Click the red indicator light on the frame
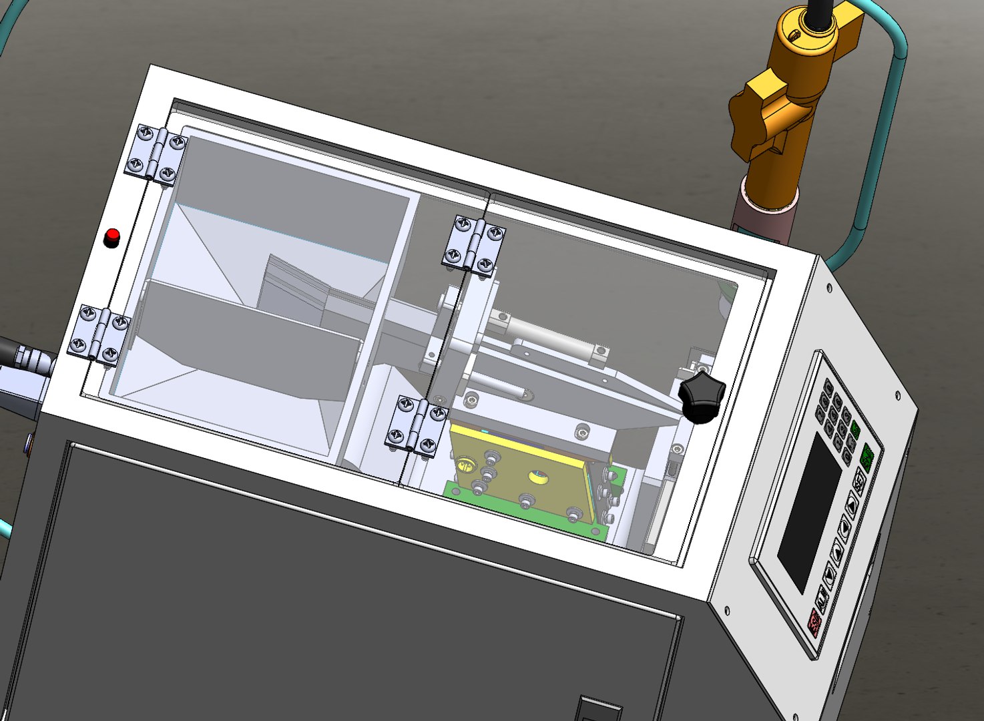pyautogui.click(x=112, y=237)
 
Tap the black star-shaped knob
pyautogui.click(x=701, y=398)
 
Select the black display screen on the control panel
pyautogui.click(x=810, y=512)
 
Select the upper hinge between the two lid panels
pyautogui.click(x=475, y=244)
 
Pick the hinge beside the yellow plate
pyautogui.click(x=416, y=425)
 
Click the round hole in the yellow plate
pyautogui.click(x=537, y=477)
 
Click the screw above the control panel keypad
pyautogui.click(x=830, y=288)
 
